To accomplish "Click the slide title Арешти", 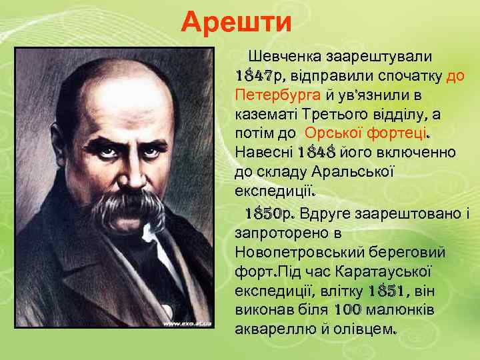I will click(237, 22).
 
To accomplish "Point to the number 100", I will click(346, 311).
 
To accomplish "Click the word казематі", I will click(266, 113).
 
